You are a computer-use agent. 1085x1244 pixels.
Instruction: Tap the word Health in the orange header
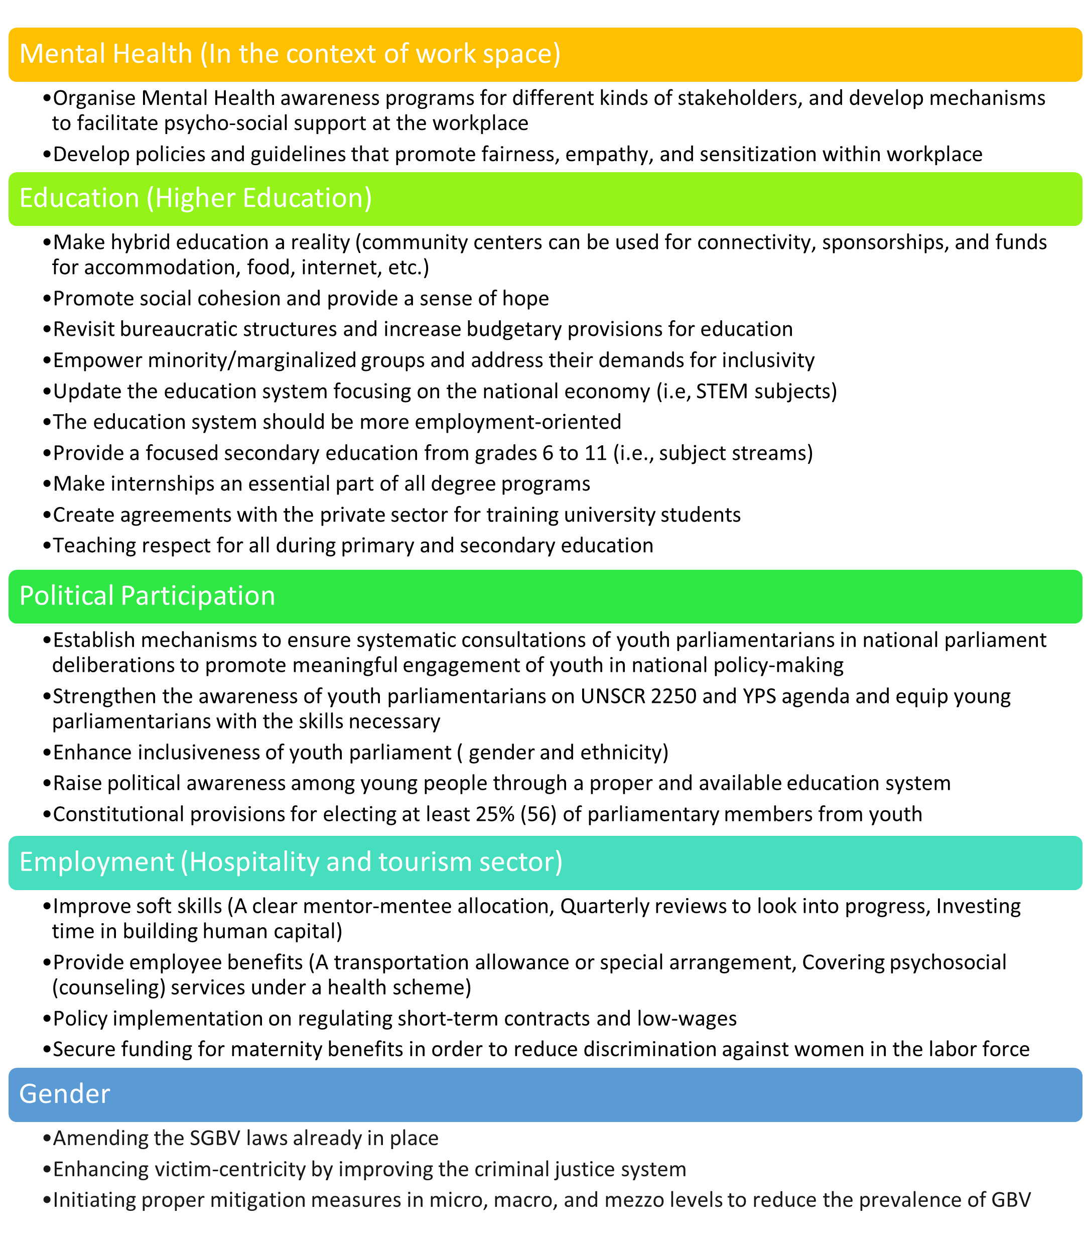pos(153,54)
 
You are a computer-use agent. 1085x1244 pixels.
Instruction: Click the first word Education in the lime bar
pos(79,199)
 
